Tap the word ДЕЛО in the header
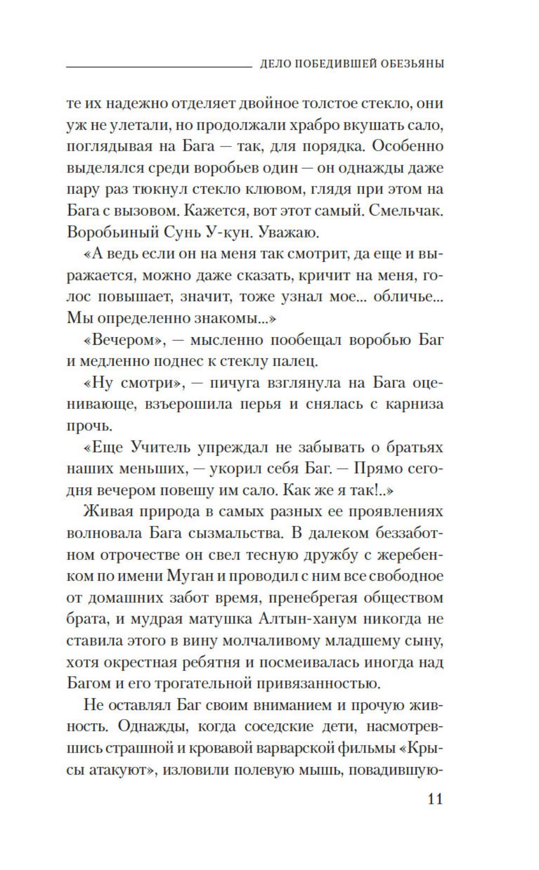coord(277,64)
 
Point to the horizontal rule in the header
coord(158,67)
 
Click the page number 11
coord(435,799)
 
